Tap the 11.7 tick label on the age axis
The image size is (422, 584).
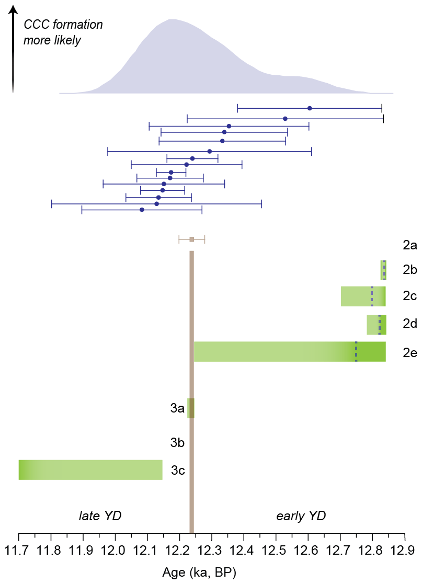pyautogui.click(x=19, y=550)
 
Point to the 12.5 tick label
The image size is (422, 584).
pyautogui.click(x=276, y=550)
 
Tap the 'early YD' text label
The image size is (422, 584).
pyautogui.click(x=301, y=516)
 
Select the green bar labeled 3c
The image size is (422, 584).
pyautogui.click(x=90, y=470)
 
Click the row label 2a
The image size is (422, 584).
pyautogui.click(x=409, y=245)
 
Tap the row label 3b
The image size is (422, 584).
pyautogui.click(x=177, y=443)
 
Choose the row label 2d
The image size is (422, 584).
pyautogui.click(x=409, y=324)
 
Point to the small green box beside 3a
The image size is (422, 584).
pyautogui.click(x=191, y=408)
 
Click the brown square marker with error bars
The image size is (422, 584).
pyautogui.click(x=192, y=239)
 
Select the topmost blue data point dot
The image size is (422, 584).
pyautogui.click(x=310, y=108)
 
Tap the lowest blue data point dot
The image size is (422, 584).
pyautogui.click(x=142, y=210)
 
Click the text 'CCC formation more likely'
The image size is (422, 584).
pyautogui.click(x=63, y=32)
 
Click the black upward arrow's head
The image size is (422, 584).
pyautogui.click(x=14, y=9)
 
